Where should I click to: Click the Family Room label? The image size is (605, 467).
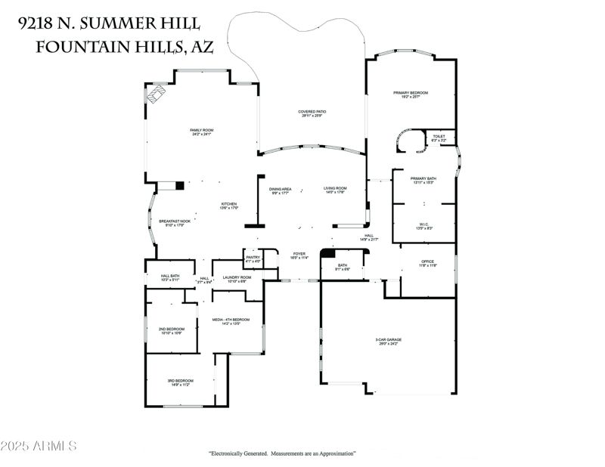click(x=201, y=131)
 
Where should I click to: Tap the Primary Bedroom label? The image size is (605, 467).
click(x=411, y=93)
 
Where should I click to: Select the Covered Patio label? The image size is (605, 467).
click(x=312, y=112)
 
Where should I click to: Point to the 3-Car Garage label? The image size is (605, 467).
click(x=388, y=340)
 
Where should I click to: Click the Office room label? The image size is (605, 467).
click(x=429, y=261)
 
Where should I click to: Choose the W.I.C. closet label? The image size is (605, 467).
click(x=423, y=224)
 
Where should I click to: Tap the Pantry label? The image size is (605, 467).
click(x=253, y=258)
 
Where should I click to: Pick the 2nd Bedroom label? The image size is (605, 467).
click(x=172, y=329)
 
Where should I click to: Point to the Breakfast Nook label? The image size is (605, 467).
click(x=174, y=221)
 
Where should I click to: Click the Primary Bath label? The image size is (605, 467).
click(x=423, y=179)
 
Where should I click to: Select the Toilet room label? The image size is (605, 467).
click(x=439, y=137)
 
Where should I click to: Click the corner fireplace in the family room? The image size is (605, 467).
click(x=157, y=94)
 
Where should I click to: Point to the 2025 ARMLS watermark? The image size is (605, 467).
click(x=39, y=446)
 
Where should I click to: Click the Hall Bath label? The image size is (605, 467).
click(x=170, y=277)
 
